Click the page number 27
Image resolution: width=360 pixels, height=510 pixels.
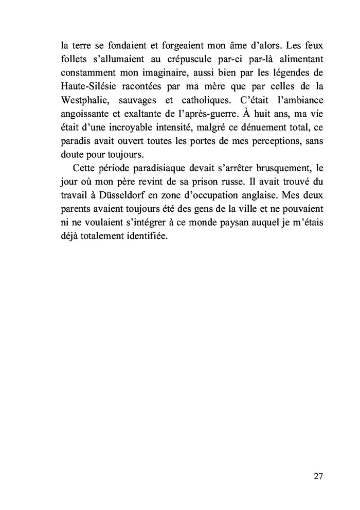point(318,476)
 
